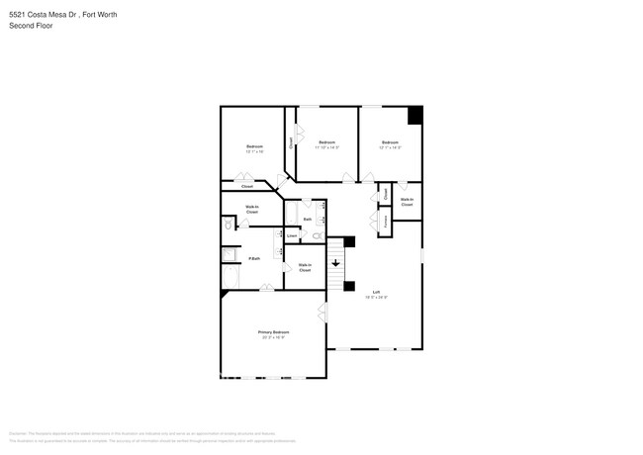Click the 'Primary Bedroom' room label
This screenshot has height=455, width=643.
coord(273,331)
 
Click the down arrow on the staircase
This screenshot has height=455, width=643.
coord(335,263)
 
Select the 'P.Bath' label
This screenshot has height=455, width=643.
coord(254,258)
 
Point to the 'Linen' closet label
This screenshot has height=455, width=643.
coord(292,235)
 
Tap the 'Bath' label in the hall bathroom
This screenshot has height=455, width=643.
coord(308,219)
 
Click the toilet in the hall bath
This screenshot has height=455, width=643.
coord(318,235)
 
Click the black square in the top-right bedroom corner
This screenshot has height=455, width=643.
coord(414,115)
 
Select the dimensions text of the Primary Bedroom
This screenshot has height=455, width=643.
coord(273,337)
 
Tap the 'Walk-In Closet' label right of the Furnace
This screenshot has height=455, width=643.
coord(407,202)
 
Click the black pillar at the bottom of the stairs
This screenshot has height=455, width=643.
coord(348,287)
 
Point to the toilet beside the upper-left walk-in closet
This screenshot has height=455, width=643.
coord(228,226)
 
